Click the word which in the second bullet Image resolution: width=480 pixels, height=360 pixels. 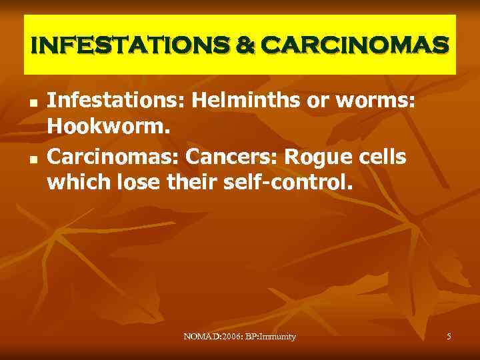tap(75, 185)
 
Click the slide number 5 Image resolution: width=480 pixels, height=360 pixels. tap(449, 337)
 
